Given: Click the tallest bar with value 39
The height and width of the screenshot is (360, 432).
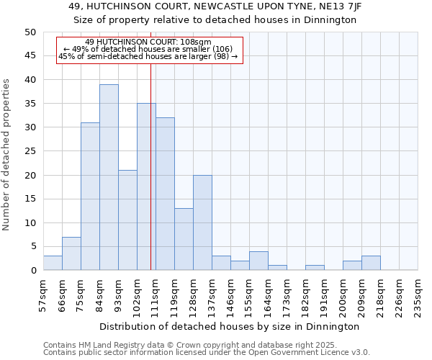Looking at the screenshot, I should coord(109,177).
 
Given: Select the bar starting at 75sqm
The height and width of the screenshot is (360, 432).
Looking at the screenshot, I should coord(90,197).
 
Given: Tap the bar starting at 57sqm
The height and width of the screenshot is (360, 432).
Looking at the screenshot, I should coord(53,263).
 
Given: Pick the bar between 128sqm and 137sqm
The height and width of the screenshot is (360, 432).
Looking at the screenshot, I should coord(202,222).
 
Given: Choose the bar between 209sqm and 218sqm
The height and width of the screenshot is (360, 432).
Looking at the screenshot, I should coord(371,263).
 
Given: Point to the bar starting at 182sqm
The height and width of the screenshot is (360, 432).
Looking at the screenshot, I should coord(315,268).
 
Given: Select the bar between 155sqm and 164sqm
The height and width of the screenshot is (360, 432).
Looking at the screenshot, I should coord(258,261).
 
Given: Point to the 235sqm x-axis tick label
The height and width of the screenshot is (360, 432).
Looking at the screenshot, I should coord(418,296).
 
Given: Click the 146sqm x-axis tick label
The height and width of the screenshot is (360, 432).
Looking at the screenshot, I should coord(231,296).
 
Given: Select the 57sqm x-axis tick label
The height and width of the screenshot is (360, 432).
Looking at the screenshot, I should coord(44,296).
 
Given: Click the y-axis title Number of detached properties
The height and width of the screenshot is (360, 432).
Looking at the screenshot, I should coord(6,155).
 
